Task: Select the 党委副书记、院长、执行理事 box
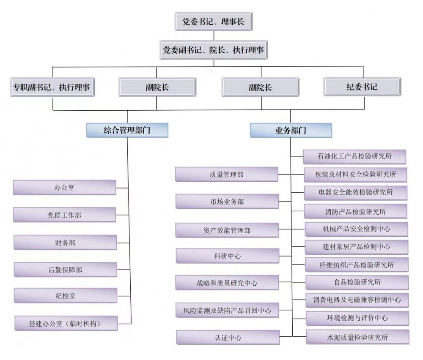(x=214, y=50)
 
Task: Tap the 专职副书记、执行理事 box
(x=53, y=87)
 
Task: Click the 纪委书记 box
(x=362, y=87)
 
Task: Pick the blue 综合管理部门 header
(x=127, y=131)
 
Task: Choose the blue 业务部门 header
(x=291, y=131)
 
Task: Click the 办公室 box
(x=64, y=188)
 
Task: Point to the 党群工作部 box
(x=64, y=215)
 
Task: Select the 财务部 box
(x=65, y=243)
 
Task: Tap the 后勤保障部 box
(x=65, y=270)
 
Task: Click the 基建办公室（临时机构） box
(x=66, y=323)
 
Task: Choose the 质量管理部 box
(x=226, y=175)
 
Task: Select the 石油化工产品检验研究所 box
(x=354, y=156)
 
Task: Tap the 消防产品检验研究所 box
(x=356, y=211)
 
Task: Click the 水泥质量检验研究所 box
(x=357, y=337)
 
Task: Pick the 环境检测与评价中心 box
(x=357, y=318)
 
